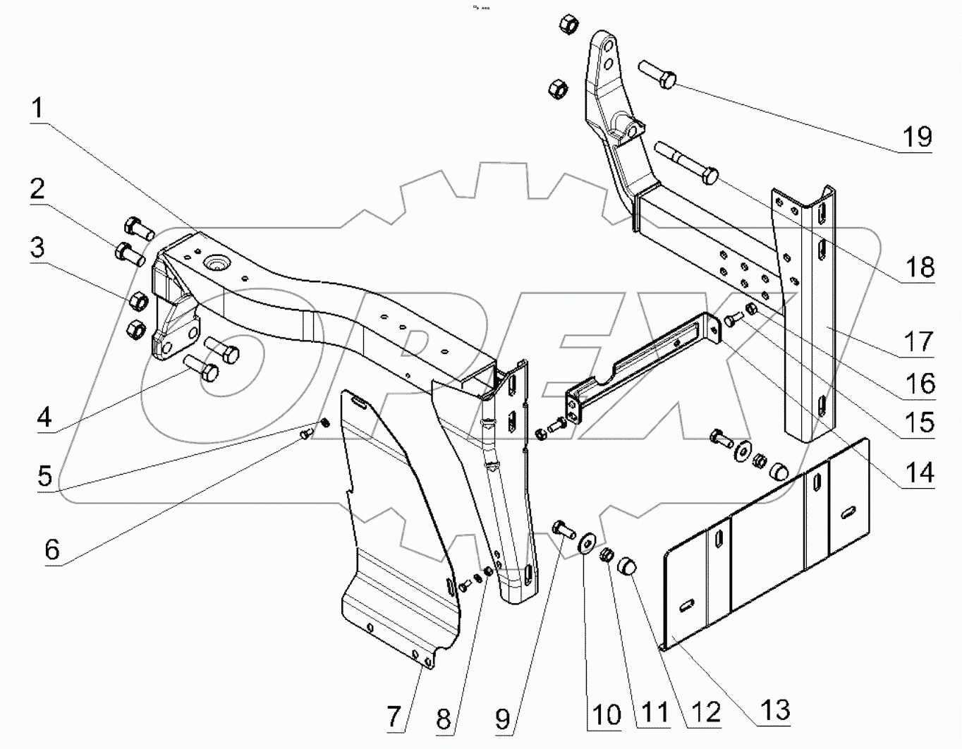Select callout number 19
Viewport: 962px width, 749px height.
click(917, 137)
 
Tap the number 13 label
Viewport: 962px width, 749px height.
click(775, 710)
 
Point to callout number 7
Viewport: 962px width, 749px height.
click(394, 717)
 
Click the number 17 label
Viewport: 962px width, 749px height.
click(918, 342)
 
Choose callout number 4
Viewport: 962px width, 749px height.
click(44, 417)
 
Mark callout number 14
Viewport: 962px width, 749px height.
click(919, 473)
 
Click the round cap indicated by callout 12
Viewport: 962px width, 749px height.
click(626, 567)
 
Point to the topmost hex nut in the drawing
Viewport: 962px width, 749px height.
click(568, 23)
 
